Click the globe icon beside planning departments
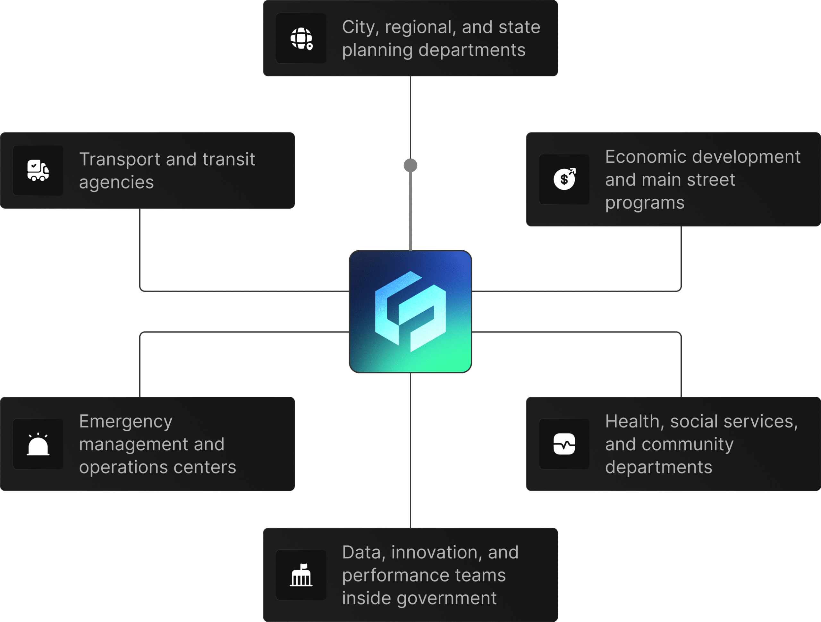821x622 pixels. pos(301,38)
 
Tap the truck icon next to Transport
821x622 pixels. pos(38,170)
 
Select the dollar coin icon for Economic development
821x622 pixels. pos(564,179)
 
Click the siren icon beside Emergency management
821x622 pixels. pos(38,444)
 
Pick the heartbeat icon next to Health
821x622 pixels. pos(564,444)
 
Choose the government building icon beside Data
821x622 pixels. pos(301,575)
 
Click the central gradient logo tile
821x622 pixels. pos(410,312)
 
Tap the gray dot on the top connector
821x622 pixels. pos(410,165)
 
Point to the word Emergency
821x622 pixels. pos(126,422)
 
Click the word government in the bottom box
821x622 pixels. pos(446,598)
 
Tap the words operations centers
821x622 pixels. pos(157,467)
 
